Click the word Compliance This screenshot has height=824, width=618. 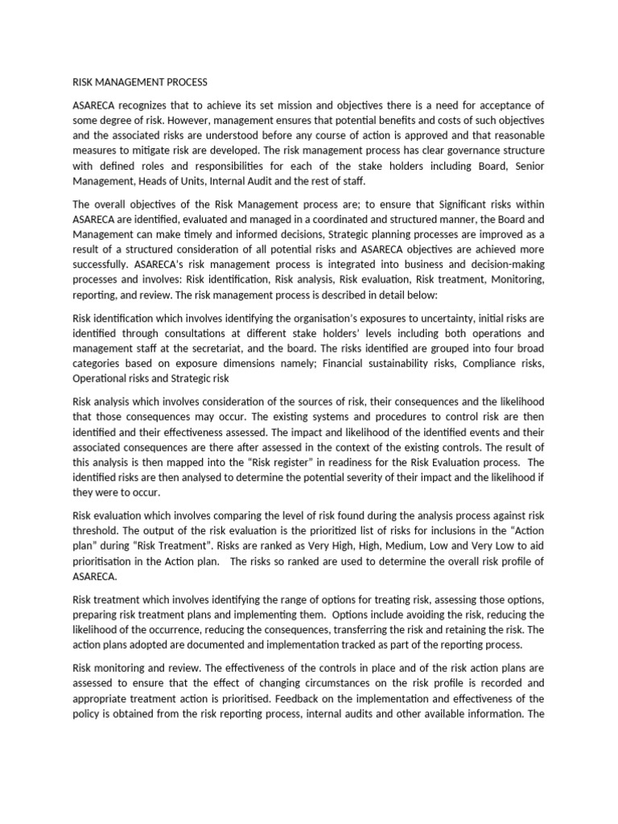[x=488, y=363]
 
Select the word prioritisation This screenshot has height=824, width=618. [x=105, y=567]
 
